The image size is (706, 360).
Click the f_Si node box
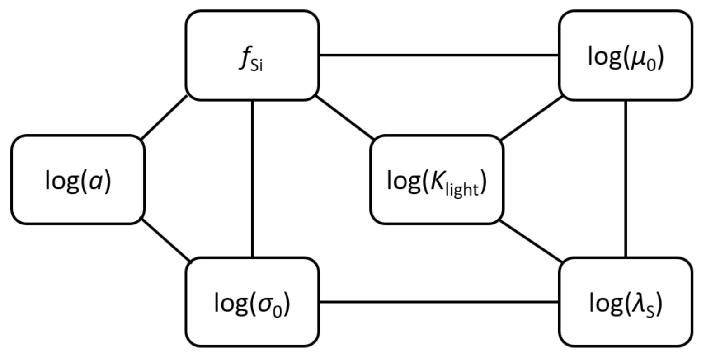click(252, 55)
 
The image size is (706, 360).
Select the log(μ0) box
click(625, 55)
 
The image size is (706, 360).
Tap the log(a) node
click(77, 179)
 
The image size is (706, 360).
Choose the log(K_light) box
click(436, 179)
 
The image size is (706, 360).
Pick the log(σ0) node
click(252, 302)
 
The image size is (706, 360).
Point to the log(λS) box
click(625, 302)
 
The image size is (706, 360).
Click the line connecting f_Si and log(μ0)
click(438, 56)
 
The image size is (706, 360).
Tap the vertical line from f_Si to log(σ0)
click(252, 178)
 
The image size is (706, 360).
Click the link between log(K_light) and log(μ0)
click(531, 118)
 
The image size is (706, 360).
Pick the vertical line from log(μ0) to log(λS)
click(626, 178)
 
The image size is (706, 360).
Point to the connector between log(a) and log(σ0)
click(165, 240)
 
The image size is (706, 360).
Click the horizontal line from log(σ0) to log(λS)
click(438, 302)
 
